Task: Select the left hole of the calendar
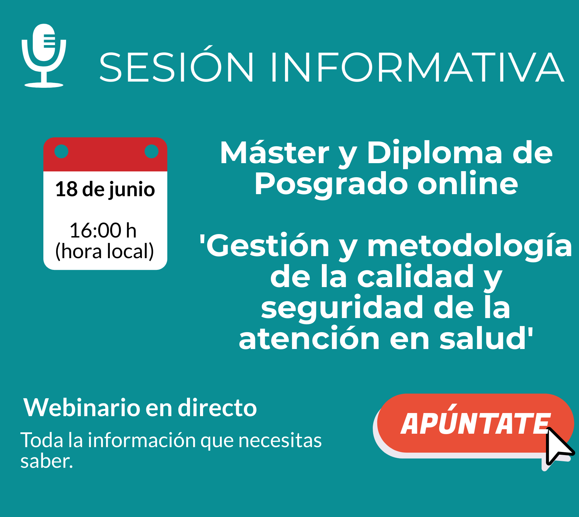(x=62, y=151)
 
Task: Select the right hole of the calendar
(x=151, y=151)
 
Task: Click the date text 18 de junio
(x=105, y=189)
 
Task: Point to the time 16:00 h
(x=103, y=230)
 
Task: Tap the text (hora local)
(x=105, y=251)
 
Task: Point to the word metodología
(x=470, y=247)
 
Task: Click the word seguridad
(x=342, y=309)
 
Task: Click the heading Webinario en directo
(x=140, y=408)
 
